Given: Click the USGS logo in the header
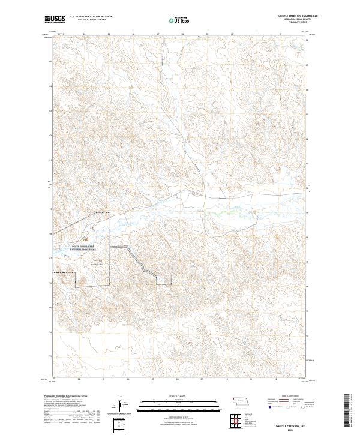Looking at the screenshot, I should [x=56, y=20].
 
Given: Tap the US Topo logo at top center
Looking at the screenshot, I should [x=180, y=20].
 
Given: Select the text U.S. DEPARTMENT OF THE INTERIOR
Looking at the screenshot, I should [x=90, y=16].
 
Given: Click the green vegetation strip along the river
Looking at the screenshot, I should [x=228, y=212].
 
